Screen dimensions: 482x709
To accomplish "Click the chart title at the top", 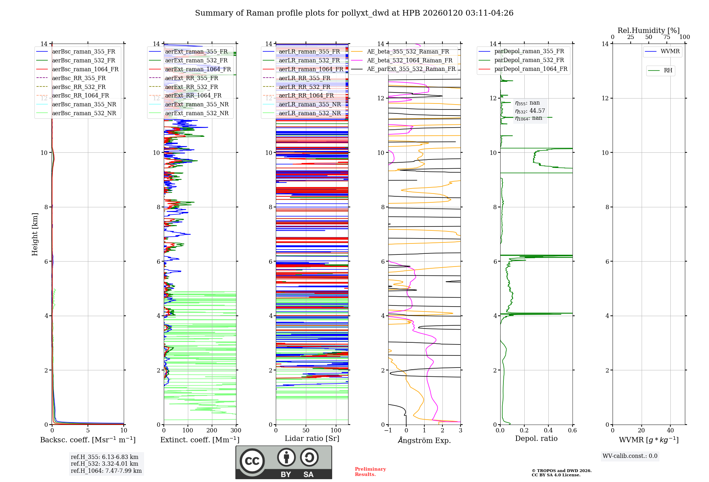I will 354,13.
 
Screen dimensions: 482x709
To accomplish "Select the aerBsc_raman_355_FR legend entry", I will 83,52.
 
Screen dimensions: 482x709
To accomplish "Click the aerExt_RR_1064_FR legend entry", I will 193,96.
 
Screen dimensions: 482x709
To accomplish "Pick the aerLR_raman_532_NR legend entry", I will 309,113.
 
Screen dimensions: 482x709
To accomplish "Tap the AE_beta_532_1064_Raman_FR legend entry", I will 409,61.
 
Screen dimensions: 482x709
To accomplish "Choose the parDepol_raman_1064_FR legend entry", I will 531,69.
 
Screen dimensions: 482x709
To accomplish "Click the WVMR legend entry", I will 670,52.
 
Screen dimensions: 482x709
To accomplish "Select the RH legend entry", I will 668,71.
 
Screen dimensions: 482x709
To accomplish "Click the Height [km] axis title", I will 35,234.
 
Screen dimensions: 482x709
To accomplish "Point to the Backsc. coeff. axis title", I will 88,440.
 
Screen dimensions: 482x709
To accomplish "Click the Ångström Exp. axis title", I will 424,441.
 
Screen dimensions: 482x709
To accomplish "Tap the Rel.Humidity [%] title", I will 648,30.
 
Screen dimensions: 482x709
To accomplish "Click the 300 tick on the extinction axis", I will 236,431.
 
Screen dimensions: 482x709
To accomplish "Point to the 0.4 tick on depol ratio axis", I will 548,431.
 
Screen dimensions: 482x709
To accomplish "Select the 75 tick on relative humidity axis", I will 666,37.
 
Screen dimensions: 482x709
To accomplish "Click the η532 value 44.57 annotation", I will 530,111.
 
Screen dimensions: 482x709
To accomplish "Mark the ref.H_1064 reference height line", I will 106,471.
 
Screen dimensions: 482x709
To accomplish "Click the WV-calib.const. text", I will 630,456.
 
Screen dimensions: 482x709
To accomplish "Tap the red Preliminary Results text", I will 370,472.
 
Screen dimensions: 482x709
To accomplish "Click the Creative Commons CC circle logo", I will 252,461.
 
